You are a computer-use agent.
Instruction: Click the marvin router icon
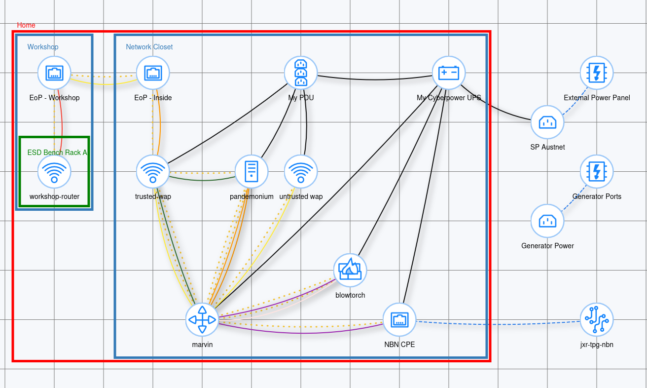click(x=202, y=320)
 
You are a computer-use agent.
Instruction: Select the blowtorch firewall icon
click(x=350, y=271)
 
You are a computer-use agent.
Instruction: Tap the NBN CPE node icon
click(x=399, y=320)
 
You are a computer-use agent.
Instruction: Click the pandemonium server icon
click(x=252, y=172)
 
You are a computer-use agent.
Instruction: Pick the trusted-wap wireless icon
click(x=153, y=172)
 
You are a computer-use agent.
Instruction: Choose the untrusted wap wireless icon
click(x=301, y=172)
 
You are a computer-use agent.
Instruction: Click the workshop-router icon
click(x=54, y=172)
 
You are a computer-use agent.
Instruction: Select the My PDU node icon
click(x=301, y=73)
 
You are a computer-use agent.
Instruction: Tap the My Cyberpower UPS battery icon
click(x=449, y=73)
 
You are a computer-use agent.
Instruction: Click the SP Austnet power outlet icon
click(x=547, y=122)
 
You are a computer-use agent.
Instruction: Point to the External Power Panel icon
click(x=597, y=73)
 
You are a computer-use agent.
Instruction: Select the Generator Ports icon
click(x=597, y=172)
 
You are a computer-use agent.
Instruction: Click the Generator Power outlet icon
click(x=547, y=221)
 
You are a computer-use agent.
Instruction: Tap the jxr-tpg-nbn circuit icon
click(x=597, y=320)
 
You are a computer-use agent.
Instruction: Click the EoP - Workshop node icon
click(x=54, y=73)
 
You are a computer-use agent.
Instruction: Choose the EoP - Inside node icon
click(x=153, y=73)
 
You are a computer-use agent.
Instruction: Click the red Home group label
click(x=26, y=25)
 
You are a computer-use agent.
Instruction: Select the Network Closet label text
click(x=149, y=47)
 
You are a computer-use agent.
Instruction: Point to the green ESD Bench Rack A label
click(x=57, y=153)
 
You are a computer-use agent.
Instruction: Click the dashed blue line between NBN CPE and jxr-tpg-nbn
click(x=498, y=324)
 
